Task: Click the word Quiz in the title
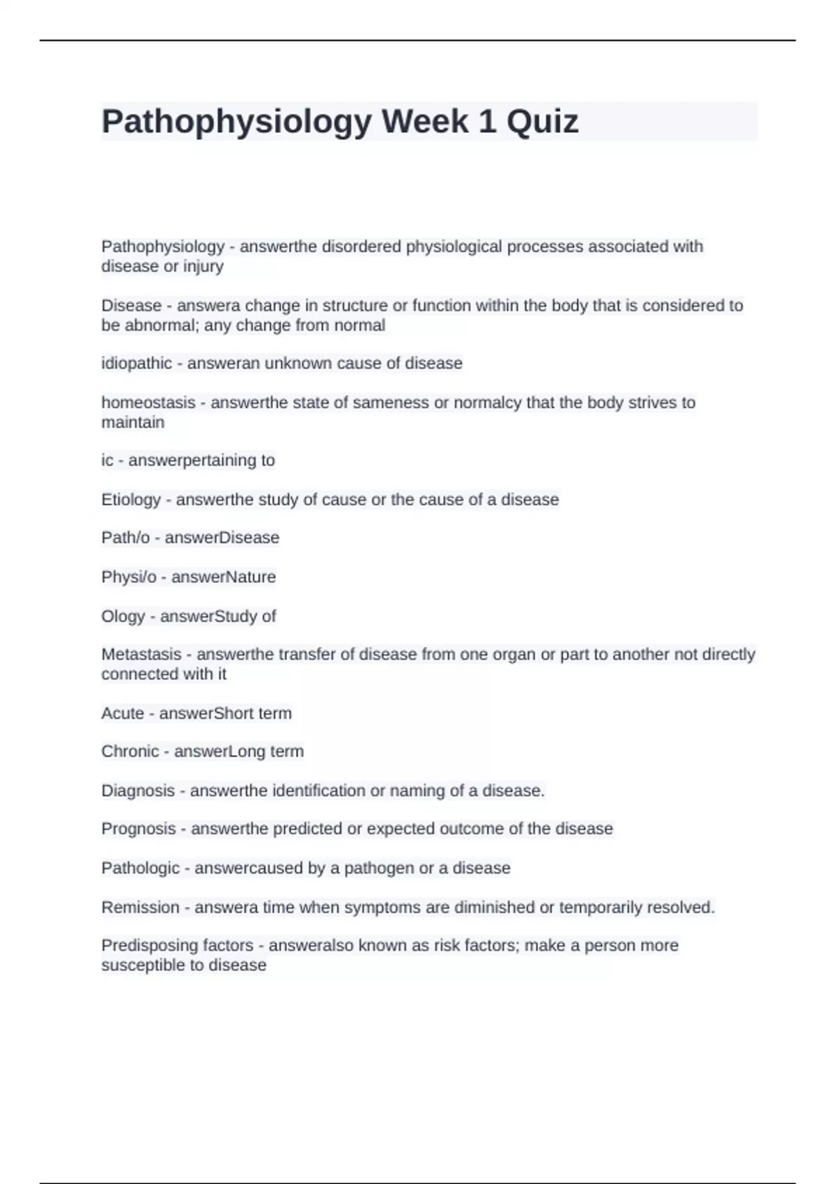tap(542, 122)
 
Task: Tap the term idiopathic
tap(137, 364)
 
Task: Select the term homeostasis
tap(148, 403)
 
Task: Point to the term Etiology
tap(131, 499)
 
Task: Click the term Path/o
tap(125, 538)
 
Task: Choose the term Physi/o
tap(129, 577)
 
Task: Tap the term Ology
tap(123, 616)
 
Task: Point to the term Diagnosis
tap(138, 790)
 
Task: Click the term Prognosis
tap(139, 829)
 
